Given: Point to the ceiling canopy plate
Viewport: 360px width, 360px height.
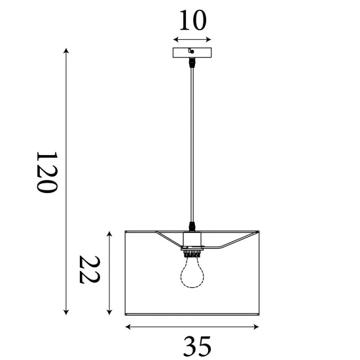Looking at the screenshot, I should click(x=192, y=53).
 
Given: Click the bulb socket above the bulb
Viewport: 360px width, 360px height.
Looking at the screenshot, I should click(x=191, y=250).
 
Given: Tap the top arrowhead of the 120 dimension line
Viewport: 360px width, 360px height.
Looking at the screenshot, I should click(x=66, y=51).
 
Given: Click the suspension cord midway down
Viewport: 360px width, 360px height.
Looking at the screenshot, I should click(x=191, y=144).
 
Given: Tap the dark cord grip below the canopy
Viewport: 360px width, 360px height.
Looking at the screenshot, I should click(x=191, y=64).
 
